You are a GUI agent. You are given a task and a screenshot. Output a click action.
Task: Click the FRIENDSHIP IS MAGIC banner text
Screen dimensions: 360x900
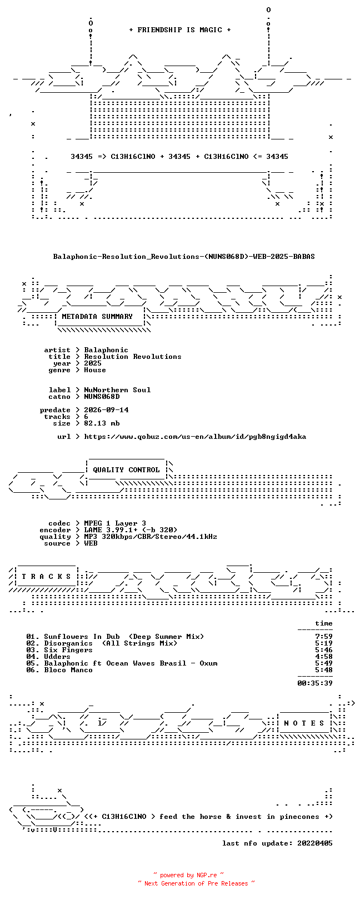[179, 30]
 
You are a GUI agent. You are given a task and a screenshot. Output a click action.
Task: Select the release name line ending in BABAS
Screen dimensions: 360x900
[184, 257]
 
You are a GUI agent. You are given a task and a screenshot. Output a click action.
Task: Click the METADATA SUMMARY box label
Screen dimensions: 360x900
[97, 317]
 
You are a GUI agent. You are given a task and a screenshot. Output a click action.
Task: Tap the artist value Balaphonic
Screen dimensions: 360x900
[106, 351]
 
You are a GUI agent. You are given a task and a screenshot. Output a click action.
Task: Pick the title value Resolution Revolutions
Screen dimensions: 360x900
[133, 357]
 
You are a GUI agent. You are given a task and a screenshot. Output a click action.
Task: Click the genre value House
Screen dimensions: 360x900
[95, 370]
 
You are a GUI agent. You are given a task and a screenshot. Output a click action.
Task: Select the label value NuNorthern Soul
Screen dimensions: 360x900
[117, 390]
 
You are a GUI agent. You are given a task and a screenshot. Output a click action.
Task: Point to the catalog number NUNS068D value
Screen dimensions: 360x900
[102, 397]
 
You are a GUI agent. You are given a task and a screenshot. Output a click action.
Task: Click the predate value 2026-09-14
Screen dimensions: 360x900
[106, 410]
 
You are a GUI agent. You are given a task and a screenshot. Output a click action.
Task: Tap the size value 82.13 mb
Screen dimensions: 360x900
[102, 423]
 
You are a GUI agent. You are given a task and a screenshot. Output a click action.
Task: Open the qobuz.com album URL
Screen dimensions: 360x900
[195, 437]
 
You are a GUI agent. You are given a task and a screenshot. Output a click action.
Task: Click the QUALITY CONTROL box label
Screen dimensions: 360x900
[126, 470]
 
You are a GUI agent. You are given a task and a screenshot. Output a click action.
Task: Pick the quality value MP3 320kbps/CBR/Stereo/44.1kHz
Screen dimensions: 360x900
[150, 537]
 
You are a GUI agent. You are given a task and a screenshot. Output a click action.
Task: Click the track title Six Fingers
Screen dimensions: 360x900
[68, 650]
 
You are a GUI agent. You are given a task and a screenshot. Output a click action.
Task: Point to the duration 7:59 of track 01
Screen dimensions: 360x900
[324, 637]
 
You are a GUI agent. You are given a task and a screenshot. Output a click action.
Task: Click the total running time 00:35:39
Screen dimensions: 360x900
[315, 683]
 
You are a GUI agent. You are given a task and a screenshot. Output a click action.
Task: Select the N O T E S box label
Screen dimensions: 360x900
[304, 723]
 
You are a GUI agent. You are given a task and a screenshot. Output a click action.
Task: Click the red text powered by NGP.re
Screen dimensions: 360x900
[188, 875]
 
